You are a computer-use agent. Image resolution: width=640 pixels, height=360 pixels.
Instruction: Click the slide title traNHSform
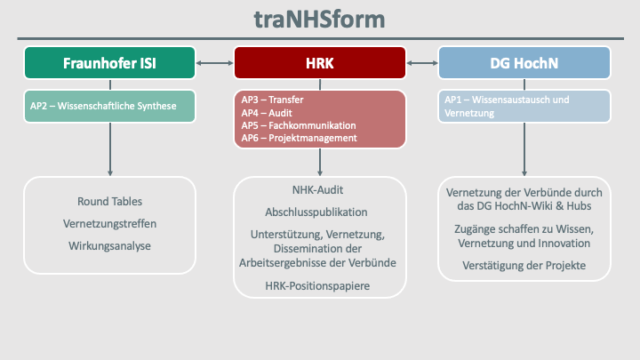pyautogui.click(x=320, y=19)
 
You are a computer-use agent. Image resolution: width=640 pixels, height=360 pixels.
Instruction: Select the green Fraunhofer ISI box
pyautogui.click(x=110, y=63)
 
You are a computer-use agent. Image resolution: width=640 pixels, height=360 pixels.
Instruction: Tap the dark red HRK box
pyautogui.click(x=320, y=63)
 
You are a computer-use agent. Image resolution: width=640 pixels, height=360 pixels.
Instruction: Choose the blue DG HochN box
pyautogui.click(x=524, y=63)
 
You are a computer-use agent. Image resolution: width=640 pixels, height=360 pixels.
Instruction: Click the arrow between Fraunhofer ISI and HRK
pyautogui.click(x=215, y=63)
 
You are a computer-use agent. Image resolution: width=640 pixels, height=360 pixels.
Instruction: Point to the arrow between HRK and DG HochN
pyautogui.click(x=423, y=63)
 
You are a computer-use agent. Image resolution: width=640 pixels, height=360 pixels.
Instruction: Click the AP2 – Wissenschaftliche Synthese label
pyautogui.click(x=102, y=107)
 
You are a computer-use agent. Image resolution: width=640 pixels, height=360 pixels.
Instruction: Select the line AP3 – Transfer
pyautogui.click(x=273, y=100)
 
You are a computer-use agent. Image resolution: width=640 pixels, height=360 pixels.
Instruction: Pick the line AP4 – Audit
pyautogui.click(x=267, y=113)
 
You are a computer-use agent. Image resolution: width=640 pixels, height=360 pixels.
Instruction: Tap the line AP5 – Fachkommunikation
pyautogui.click(x=298, y=125)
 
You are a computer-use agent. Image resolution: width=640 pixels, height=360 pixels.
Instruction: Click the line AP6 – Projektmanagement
pyautogui.click(x=299, y=138)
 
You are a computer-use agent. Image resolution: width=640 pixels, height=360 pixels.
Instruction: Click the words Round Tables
pyautogui.click(x=109, y=202)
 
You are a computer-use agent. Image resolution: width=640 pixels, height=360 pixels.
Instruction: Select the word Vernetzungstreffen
pyautogui.click(x=109, y=222)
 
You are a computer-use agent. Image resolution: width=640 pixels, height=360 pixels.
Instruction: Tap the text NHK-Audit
pyautogui.click(x=317, y=190)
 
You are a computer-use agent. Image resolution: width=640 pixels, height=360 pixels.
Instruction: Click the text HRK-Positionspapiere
pyautogui.click(x=317, y=285)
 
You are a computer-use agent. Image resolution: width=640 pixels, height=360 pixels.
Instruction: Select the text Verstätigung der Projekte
pyautogui.click(x=524, y=266)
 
